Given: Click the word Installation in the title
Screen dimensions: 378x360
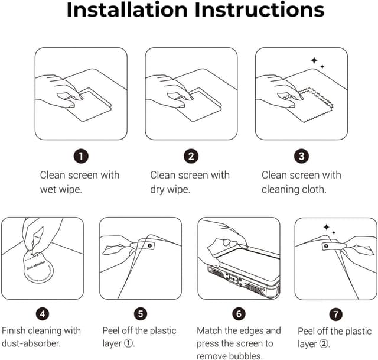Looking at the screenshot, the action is [x=127, y=9].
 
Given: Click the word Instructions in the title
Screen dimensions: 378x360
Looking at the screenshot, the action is [x=259, y=9].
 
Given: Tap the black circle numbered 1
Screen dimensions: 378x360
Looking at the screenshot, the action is [x=81, y=156].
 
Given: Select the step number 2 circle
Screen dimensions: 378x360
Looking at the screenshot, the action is [x=191, y=156].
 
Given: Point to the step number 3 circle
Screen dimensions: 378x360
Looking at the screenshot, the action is [x=301, y=156].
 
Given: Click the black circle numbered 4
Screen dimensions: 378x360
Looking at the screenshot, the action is [x=43, y=314].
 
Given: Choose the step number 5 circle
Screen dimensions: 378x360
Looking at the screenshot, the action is [x=141, y=314].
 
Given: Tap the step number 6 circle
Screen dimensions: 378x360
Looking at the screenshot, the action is [x=239, y=314].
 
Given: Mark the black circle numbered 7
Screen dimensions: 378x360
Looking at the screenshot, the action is [x=336, y=314].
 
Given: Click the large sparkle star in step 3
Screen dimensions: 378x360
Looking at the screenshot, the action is [x=314, y=60].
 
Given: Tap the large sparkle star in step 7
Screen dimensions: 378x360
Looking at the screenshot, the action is [x=327, y=227].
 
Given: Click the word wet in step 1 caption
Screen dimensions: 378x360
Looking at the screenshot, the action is [x=48, y=189].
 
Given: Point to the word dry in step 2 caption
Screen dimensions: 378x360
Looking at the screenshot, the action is [x=157, y=190].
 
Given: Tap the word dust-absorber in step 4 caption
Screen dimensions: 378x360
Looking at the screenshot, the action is [x=31, y=343].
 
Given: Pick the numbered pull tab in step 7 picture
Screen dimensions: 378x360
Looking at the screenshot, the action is [x=334, y=247].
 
